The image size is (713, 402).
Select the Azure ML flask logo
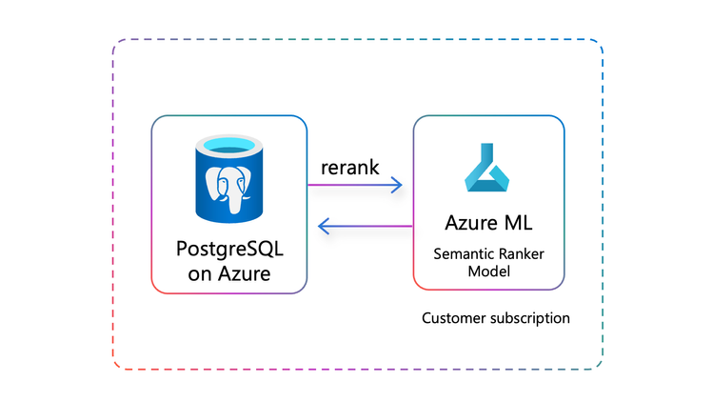point(488,168)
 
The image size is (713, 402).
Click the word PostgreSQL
point(229,250)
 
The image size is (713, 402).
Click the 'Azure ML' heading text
point(488,223)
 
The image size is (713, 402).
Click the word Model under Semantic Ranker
point(488,271)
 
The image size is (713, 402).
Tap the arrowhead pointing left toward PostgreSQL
point(323,226)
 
